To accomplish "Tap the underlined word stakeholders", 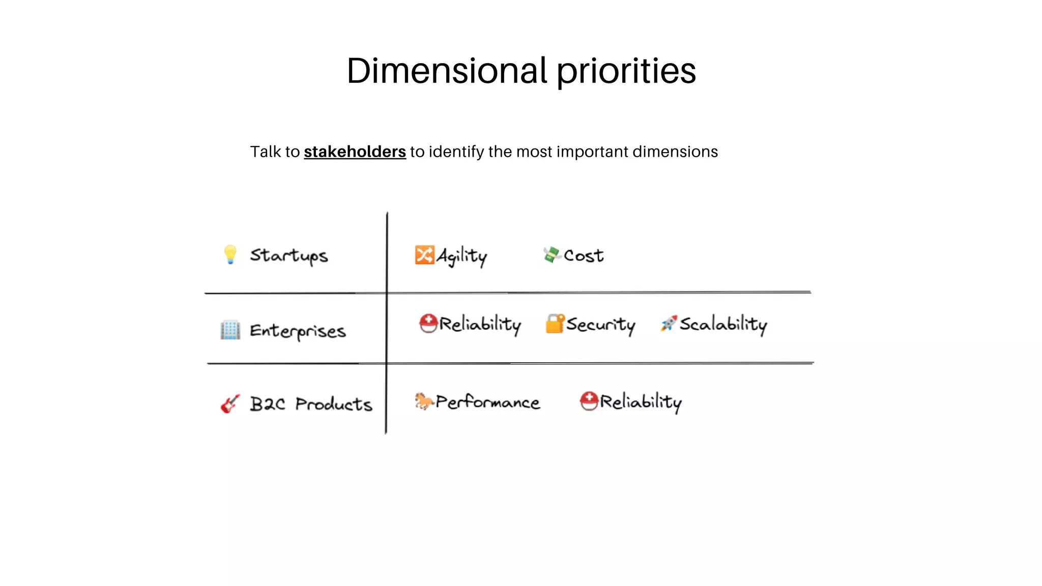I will [355, 152].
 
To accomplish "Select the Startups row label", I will [288, 256].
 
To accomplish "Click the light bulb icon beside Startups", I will [230, 254].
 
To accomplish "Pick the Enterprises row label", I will [298, 331].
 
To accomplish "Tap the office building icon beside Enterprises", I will [230, 330].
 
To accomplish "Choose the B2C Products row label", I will [311, 404].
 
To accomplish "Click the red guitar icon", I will [229, 404].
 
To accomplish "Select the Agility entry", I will [461, 256].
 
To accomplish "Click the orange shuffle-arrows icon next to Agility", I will [424, 255].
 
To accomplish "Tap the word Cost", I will [584, 255].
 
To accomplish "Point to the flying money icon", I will [552, 254].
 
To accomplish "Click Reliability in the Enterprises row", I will [480, 324].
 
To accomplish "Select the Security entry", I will [600, 325].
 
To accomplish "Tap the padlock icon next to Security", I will [555, 324].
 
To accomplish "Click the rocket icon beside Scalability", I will [669, 323].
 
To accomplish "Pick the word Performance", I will [487, 402].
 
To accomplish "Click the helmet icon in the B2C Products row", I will [589, 401].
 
